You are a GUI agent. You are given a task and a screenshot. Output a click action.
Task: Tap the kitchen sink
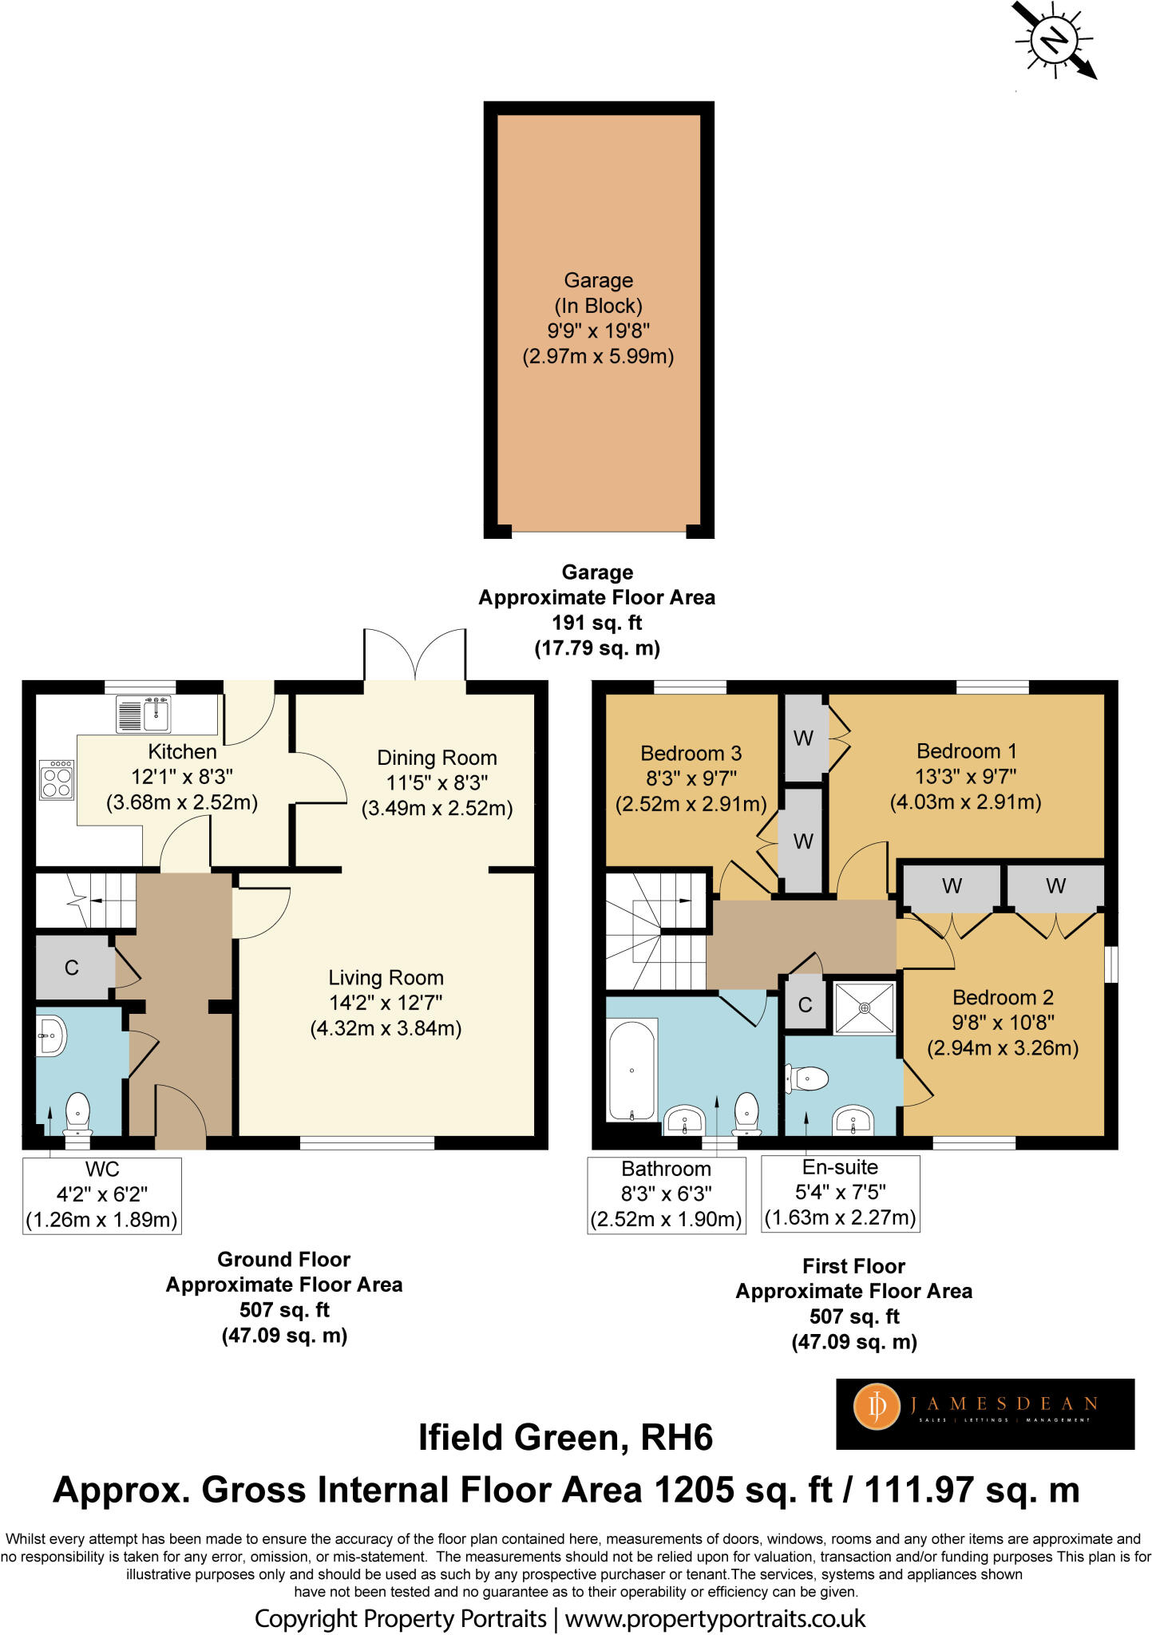(144, 714)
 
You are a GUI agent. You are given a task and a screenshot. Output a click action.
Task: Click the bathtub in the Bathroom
(632, 1069)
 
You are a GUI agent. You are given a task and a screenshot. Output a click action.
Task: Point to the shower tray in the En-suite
(864, 1008)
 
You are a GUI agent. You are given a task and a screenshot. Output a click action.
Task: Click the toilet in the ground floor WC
(77, 1113)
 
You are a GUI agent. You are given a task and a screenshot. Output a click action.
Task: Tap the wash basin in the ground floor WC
(50, 1035)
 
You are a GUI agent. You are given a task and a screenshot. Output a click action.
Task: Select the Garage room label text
(599, 280)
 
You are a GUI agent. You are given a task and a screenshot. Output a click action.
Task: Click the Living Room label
(386, 978)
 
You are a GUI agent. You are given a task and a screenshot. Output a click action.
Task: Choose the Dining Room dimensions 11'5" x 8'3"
(437, 782)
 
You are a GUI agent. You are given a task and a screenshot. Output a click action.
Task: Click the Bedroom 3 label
(691, 753)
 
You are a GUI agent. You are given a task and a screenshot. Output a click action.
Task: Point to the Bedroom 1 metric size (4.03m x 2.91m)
(966, 802)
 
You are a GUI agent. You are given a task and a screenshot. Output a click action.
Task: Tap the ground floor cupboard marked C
(73, 968)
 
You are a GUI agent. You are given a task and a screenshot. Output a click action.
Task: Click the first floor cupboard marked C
(806, 1004)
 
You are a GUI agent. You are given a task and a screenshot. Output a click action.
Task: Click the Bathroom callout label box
(667, 1195)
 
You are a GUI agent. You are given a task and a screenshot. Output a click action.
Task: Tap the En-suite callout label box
(841, 1194)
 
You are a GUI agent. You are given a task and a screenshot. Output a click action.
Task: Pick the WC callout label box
(102, 1196)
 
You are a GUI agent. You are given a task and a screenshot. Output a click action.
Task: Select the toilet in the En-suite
(808, 1079)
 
